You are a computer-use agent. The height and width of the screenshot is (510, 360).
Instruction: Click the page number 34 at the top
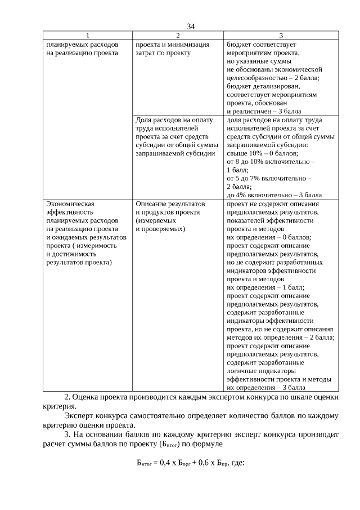[x=190, y=26]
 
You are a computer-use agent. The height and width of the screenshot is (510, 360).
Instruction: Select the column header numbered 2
[x=178, y=36]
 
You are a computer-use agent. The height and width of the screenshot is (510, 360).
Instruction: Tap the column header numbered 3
[x=281, y=36]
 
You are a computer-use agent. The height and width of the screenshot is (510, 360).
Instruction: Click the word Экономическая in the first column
[x=70, y=203]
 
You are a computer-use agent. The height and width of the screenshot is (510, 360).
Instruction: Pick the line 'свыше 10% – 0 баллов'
[x=262, y=153]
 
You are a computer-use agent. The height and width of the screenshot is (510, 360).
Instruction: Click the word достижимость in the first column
[x=71, y=254]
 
